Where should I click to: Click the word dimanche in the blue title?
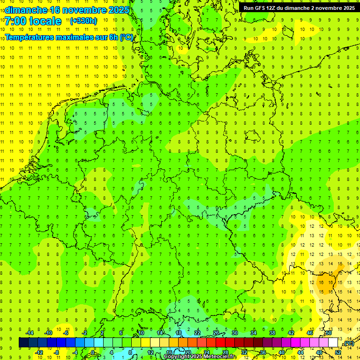[x=25, y=10]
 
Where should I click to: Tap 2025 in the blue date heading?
[x=115, y=10]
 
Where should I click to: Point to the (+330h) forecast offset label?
[x=83, y=21]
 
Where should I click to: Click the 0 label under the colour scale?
[x=93, y=352]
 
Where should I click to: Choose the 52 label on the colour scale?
[x=337, y=352]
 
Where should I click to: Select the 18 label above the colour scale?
[x=178, y=333]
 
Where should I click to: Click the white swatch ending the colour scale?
[x=333, y=343]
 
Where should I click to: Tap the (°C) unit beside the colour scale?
[x=348, y=343]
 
